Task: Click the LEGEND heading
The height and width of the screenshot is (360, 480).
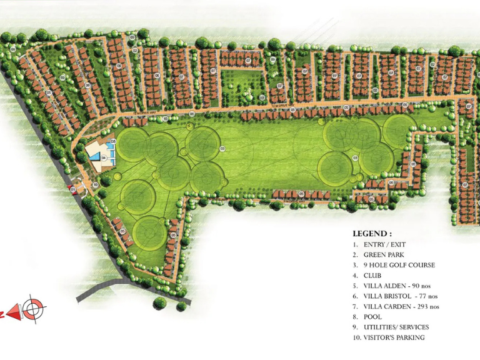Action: point(372,233)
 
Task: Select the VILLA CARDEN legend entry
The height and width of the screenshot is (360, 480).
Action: point(401,306)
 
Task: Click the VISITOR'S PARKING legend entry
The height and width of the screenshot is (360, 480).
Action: point(393,337)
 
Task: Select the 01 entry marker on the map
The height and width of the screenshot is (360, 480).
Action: point(73,188)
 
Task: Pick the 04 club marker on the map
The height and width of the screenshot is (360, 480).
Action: point(104,158)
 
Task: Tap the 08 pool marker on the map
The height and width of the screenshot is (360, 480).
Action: point(114,142)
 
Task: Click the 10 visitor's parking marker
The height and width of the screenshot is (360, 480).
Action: point(96,184)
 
